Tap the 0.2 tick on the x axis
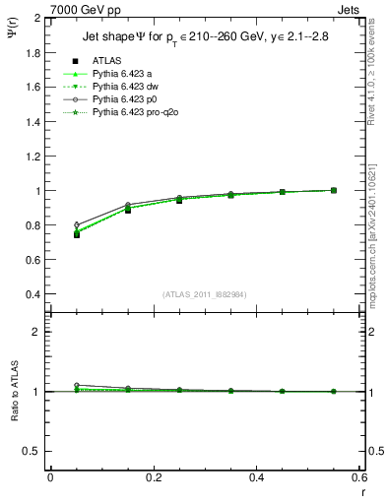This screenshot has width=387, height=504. (x=154, y=478)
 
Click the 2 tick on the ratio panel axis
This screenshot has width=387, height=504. (x=36, y=332)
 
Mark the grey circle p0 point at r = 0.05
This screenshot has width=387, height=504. (x=76, y=224)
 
